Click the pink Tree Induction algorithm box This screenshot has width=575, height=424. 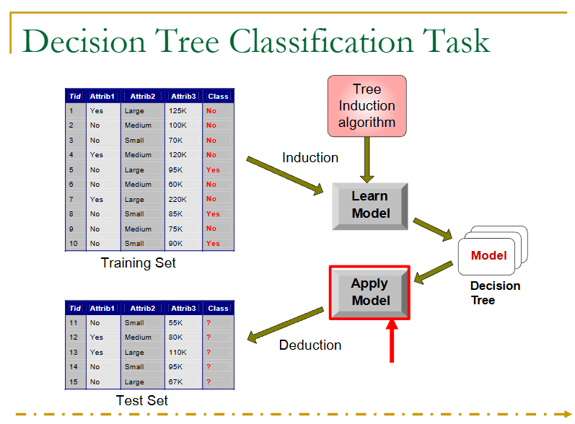tap(366, 105)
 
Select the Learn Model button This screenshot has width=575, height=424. tap(369, 205)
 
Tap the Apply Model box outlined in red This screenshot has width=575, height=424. tap(369, 292)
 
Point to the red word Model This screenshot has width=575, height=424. tap(488, 255)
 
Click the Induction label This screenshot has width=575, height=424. tap(310, 158)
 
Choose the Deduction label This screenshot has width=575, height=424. tap(310, 345)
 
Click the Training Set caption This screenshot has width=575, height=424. tap(139, 262)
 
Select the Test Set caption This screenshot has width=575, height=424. tap(142, 400)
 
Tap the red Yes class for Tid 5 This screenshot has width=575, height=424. tap(213, 170)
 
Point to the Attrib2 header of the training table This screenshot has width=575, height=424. tap(143, 96)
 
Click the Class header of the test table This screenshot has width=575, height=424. tap(218, 308)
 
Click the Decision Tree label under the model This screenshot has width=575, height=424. tap(495, 292)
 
